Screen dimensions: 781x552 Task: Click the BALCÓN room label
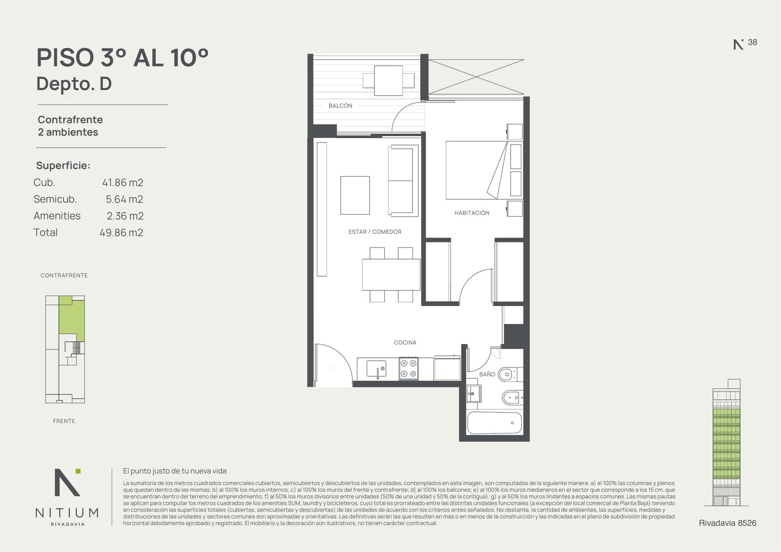pos(340,105)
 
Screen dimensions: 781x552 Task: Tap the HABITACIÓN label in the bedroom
pos(472,213)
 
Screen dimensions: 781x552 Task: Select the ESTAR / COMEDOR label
pos(375,232)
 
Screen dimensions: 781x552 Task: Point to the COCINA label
pos(405,343)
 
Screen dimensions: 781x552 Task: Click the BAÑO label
pos(487,374)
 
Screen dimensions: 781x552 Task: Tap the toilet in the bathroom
pos(510,375)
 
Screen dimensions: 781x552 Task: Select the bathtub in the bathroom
pos(494,423)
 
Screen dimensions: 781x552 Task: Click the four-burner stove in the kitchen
pos(409,368)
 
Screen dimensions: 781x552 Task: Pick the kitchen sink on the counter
pos(376,369)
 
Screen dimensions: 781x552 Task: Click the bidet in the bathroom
pos(513,397)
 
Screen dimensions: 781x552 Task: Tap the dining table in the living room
pos(391,274)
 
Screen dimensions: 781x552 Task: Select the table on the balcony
pos(389,81)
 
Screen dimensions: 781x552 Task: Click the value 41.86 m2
pos(123,183)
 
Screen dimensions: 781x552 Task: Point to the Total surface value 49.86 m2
pos(122,233)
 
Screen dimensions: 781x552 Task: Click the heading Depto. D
pos(74,84)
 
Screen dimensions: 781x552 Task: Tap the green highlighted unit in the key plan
pos(71,318)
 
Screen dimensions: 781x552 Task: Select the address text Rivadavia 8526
pos(728,523)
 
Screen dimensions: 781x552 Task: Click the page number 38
pos(752,42)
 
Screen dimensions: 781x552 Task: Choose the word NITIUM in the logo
pos(67,513)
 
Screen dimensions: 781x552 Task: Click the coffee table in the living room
pos(355,195)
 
